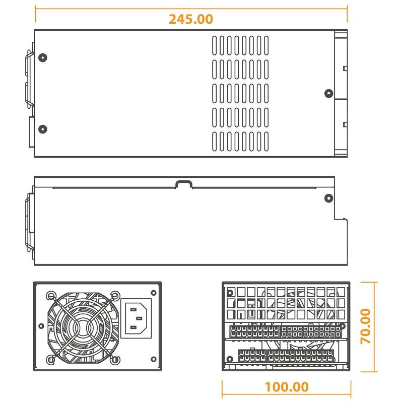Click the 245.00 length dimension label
tap(191, 19)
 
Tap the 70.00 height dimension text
tap(366, 326)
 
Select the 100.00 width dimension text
tap(287, 387)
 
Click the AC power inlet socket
tap(136, 318)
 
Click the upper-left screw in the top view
tap(43, 57)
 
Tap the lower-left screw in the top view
tap(43, 129)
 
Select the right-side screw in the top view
tap(329, 93)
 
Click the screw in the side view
tap(329, 198)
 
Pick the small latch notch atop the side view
tap(184, 184)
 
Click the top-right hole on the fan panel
tap(154, 293)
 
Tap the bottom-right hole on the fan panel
tap(154, 359)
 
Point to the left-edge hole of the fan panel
tap(41, 326)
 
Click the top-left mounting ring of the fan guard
tap(51, 296)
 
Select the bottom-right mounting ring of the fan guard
tap(115, 360)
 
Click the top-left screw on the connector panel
tap(230, 293)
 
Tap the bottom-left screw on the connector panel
tap(230, 359)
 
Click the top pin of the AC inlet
tap(133, 309)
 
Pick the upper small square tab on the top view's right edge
tap(345, 69)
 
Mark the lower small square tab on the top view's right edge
tap(345, 124)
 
